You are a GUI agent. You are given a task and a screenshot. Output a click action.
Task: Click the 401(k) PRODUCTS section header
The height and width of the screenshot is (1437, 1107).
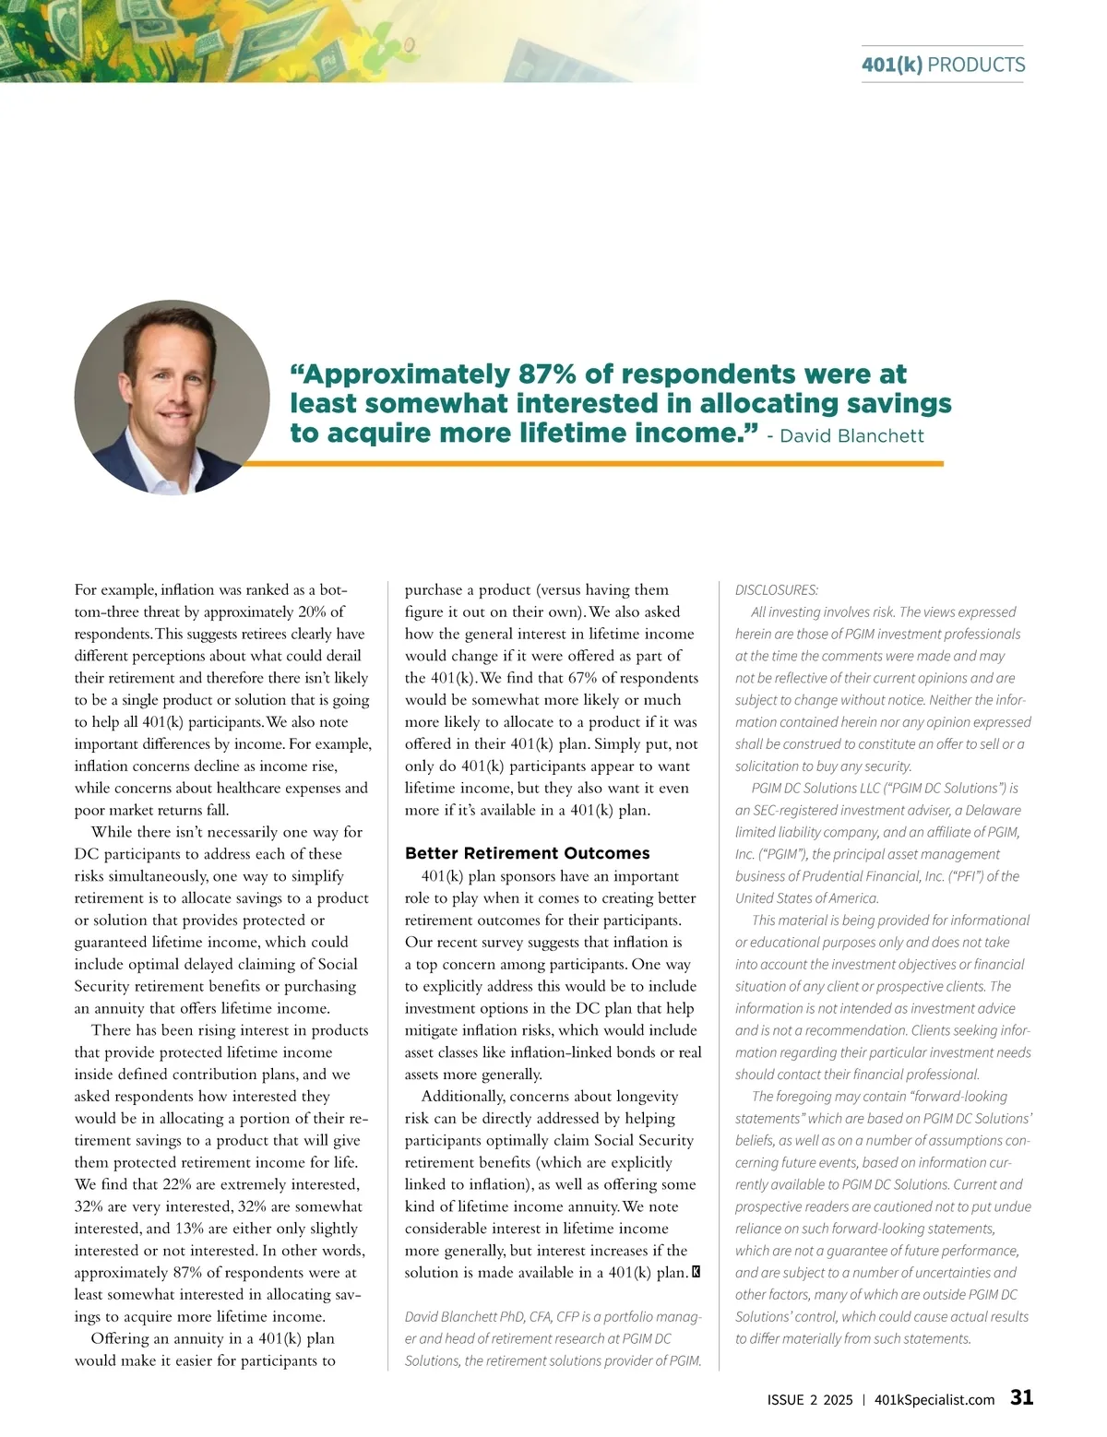943,65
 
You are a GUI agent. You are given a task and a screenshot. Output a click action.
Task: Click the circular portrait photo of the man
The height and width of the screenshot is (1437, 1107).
172,397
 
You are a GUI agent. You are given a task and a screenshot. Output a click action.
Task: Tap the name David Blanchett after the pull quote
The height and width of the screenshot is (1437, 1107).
851,436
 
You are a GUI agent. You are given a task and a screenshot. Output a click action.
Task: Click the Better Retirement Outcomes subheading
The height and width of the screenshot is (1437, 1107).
527,853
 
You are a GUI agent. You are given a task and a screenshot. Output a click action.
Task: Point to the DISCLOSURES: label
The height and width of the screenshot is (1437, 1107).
777,590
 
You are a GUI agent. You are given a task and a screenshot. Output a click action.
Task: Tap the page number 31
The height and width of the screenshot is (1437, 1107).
1021,1397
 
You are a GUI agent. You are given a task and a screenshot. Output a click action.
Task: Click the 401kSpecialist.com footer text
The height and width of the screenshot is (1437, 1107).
934,1399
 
